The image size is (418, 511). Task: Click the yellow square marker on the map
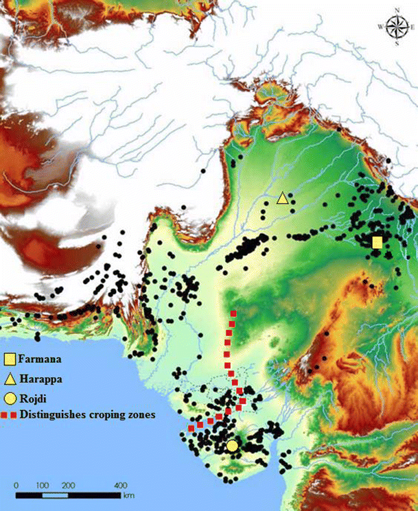(377, 242)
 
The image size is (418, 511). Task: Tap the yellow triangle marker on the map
(281, 198)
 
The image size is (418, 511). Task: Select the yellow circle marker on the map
(232, 446)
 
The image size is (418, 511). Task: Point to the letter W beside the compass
(380, 27)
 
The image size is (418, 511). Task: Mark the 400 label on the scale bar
(119, 486)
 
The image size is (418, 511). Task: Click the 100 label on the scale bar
(41, 486)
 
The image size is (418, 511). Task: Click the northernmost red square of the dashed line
(233, 313)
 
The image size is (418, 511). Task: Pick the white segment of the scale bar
(54, 494)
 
